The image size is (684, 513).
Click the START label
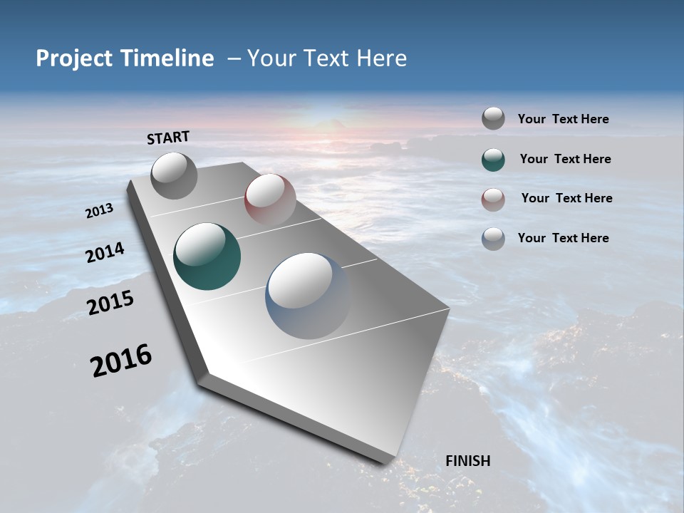pos(168,138)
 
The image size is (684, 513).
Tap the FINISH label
pos(467,461)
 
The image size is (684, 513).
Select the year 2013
pos(99,211)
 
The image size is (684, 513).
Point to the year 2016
pos(121,361)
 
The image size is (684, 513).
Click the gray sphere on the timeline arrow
pos(174,175)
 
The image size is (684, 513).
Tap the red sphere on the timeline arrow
pos(269,199)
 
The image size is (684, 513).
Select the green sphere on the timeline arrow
pos(207,256)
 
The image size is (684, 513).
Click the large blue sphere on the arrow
pos(308,295)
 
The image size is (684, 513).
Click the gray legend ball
pos(493,119)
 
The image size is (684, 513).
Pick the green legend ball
pos(493,160)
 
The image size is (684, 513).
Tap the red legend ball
pos(493,199)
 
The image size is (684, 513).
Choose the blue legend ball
pos(493,239)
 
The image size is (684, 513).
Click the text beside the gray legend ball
pos(563,120)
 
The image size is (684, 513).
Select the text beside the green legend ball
pos(565,159)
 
